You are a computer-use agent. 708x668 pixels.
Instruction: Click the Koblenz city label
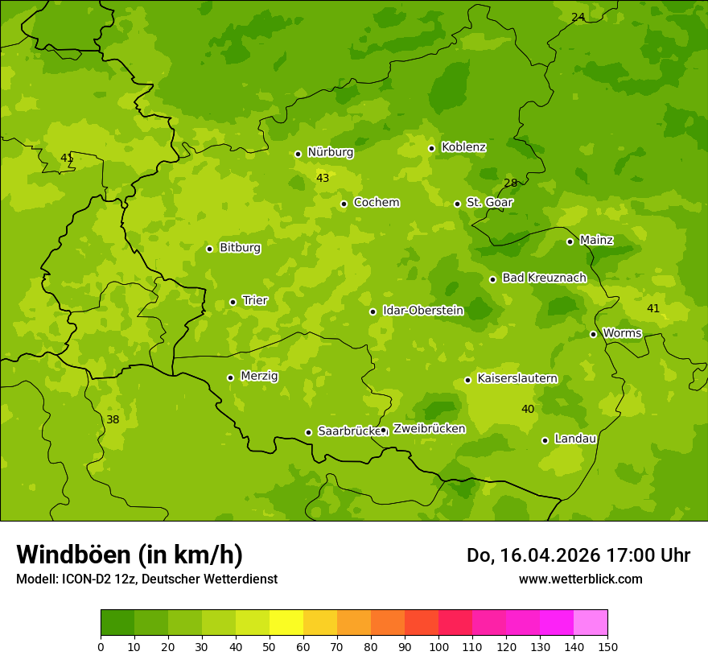tap(463, 147)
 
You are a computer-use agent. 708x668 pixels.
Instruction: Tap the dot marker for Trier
tap(233, 302)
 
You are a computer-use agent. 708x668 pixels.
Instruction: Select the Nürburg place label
tap(330, 152)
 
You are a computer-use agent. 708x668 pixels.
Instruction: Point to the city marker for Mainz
tap(570, 241)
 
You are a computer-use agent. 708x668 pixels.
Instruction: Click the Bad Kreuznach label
tap(544, 278)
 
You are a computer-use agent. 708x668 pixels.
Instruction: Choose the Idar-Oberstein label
tap(422, 311)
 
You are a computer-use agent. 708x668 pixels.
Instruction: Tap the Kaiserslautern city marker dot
tap(467, 380)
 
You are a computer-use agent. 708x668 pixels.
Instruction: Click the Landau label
tap(575, 439)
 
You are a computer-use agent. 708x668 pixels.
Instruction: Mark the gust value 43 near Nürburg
tap(323, 178)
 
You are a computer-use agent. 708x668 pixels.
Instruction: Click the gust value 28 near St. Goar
tap(510, 183)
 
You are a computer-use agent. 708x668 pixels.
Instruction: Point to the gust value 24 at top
tap(578, 17)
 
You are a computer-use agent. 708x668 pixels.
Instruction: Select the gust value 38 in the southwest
tap(113, 419)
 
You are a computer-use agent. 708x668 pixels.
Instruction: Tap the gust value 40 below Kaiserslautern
tap(528, 409)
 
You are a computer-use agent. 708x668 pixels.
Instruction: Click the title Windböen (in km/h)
tap(130, 555)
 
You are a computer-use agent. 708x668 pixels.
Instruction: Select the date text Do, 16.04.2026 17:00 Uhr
tap(578, 555)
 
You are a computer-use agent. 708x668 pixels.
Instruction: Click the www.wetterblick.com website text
tap(580, 579)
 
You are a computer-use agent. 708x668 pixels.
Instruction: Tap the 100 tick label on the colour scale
tap(438, 646)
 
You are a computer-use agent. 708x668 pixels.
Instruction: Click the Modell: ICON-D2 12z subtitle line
tap(146, 579)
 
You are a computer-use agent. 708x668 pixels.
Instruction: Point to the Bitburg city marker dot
tap(209, 249)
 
